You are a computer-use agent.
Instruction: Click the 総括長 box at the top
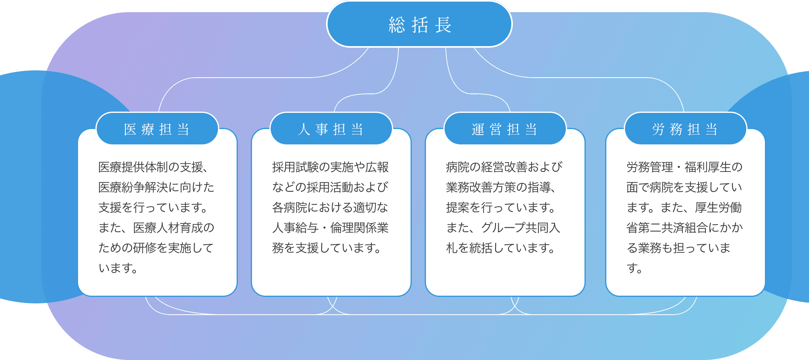click(419, 24)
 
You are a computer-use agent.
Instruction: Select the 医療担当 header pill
click(157, 129)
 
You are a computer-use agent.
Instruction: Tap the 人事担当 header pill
click(331, 129)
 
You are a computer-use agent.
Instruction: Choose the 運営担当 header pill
click(505, 129)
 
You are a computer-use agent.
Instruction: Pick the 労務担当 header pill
click(685, 129)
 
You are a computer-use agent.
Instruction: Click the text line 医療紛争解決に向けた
click(157, 187)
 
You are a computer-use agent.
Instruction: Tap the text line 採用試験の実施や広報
click(330, 167)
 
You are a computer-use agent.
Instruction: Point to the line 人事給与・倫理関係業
click(330, 228)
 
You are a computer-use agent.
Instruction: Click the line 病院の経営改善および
click(504, 167)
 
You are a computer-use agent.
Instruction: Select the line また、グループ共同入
click(503, 228)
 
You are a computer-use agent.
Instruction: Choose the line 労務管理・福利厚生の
click(685, 167)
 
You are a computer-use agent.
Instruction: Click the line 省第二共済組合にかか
click(685, 228)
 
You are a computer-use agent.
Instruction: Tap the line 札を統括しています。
click(501, 248)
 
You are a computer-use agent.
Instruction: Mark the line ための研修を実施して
click(156, 248)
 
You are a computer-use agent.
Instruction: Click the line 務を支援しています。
click(327, 248)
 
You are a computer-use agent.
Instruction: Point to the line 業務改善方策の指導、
click(501, 187)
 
